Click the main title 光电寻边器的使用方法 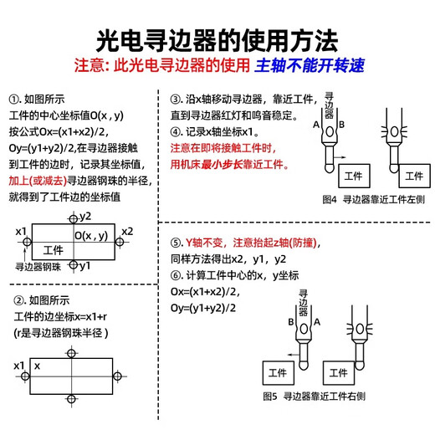(217, 39)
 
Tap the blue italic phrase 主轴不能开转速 (315, 66)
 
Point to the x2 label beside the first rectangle (127, 231)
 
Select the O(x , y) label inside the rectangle (90, 237)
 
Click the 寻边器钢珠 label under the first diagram (39, 267)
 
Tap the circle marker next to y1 (74, 265)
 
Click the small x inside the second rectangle (38, 366)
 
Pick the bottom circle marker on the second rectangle (72, 397)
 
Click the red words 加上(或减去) (36, 180)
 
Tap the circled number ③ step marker (176, 97)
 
